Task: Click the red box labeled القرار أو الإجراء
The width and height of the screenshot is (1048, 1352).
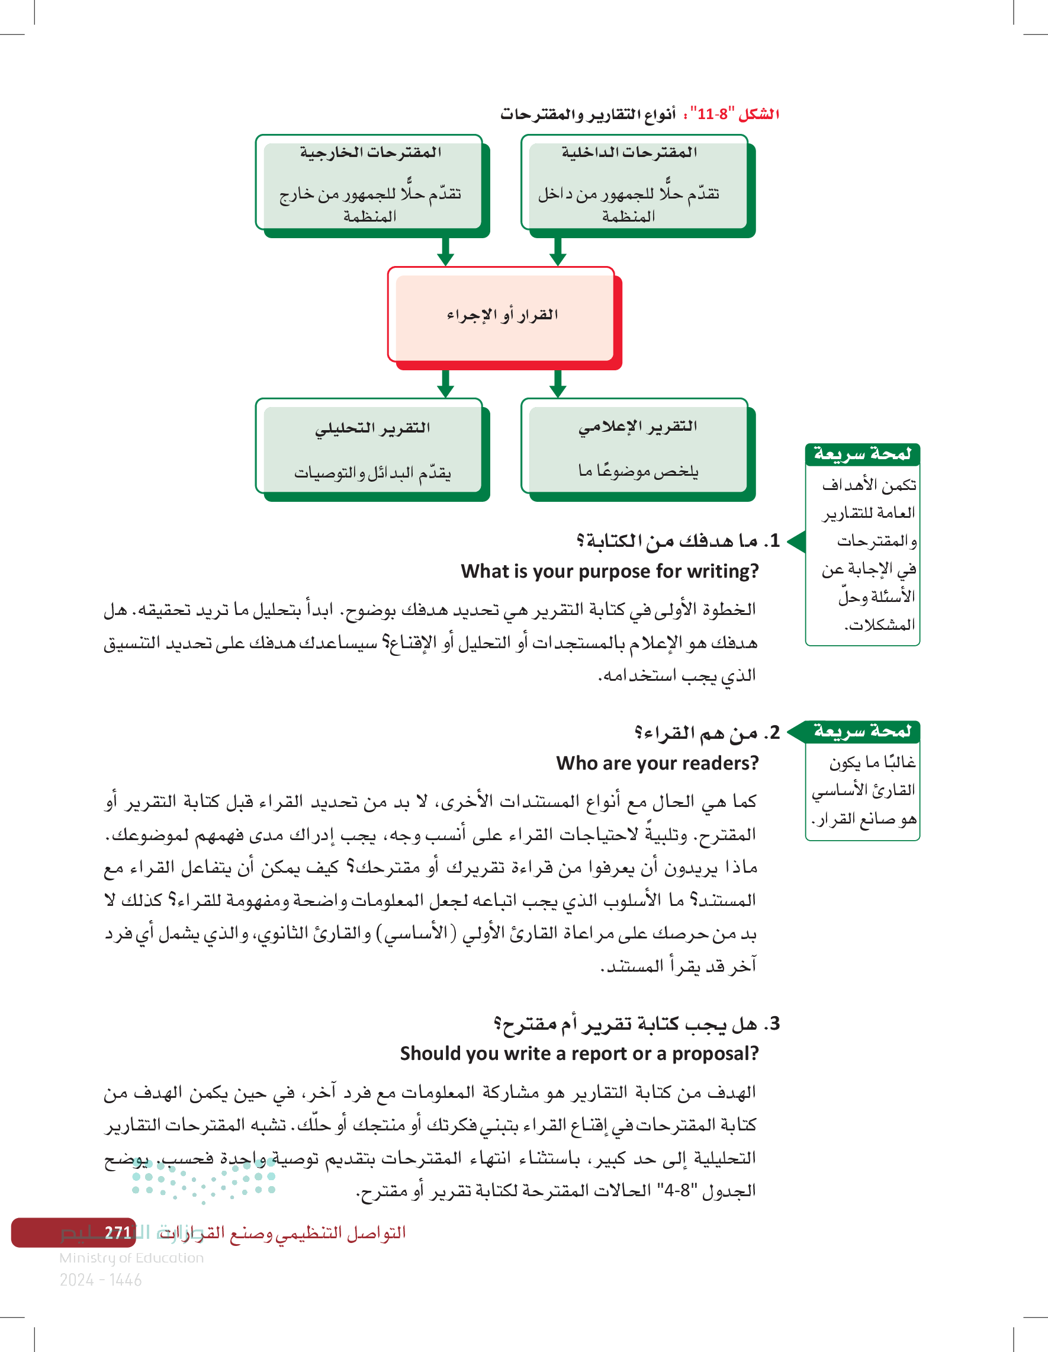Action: (x=502, y=316)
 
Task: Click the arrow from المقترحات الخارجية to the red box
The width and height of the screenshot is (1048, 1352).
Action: (x=445, y=251)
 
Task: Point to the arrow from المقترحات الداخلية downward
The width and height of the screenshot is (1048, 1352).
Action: (x=557, y=251)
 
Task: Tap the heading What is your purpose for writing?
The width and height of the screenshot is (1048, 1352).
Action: (x=609, y=571)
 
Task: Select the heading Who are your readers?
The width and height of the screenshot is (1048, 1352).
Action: (x=657, y=763)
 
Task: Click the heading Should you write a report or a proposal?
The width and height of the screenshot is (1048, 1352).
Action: (x=579, y=1053)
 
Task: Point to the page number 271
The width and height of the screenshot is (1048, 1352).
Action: (x=118, y=1233)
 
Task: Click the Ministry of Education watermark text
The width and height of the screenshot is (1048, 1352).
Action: (x=131, y=1258)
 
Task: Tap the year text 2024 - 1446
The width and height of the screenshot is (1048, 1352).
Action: (x=100, y=1280)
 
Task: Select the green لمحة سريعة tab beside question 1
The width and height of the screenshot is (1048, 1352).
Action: (x=863, y=454)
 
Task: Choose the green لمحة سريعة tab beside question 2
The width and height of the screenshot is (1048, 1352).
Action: (x=863, y=731)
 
